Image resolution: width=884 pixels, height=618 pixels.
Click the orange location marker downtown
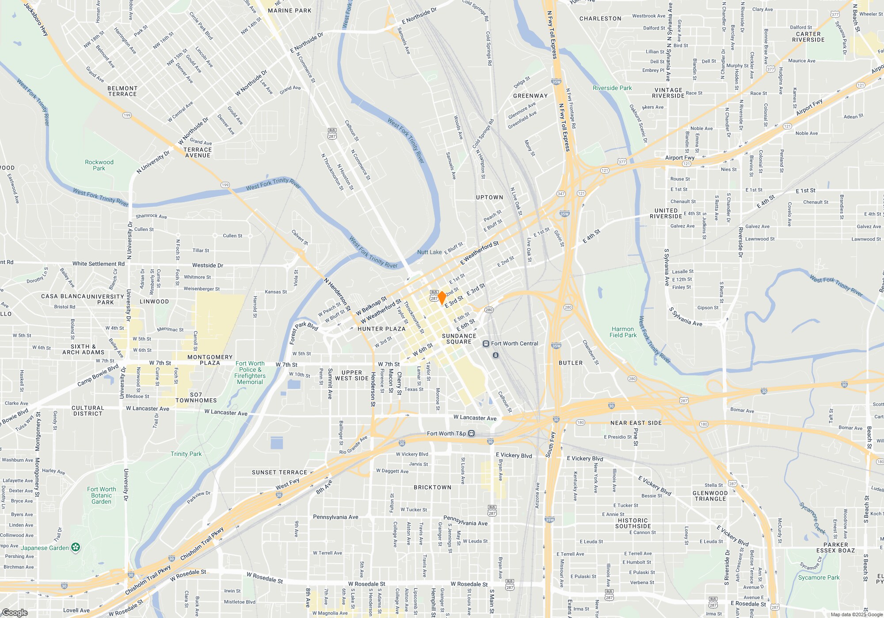(x=441, y=298)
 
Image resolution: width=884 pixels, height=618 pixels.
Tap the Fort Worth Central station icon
(x=486, y=343)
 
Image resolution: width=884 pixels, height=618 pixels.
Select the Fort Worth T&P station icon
(x=472, y=433)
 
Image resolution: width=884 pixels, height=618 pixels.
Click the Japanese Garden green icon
(x=76, y=548)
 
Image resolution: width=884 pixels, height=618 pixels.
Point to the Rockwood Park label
(x=99, y=165)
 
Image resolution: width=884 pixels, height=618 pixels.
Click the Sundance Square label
(x=459, y=339)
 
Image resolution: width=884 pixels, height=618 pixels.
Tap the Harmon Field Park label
(x=623, y=332)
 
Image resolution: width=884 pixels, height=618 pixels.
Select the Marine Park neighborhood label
(x=290, y=11)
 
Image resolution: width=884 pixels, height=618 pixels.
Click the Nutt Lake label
(x=429, y=252)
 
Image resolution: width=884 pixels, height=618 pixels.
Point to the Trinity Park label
(x=186, y=454)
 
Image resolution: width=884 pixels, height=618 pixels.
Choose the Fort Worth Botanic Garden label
(x=101, y=495)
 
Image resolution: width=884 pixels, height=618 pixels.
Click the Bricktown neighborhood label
(x=432, y=487)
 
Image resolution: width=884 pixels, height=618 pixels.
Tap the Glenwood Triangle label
(x=710, y=496)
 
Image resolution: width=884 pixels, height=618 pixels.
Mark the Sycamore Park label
(x=819, y=577)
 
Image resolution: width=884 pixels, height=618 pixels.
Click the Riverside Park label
(x=612, y=88)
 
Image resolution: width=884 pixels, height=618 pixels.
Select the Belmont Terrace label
(x=122, y=91)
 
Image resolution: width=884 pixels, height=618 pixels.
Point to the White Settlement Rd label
(x=99, y=264)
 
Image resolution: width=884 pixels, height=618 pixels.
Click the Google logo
(x=15, y=613)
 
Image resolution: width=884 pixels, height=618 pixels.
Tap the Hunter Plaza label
(x=381, y=329)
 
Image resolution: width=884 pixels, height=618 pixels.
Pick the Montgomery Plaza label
(x=210, y=360)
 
